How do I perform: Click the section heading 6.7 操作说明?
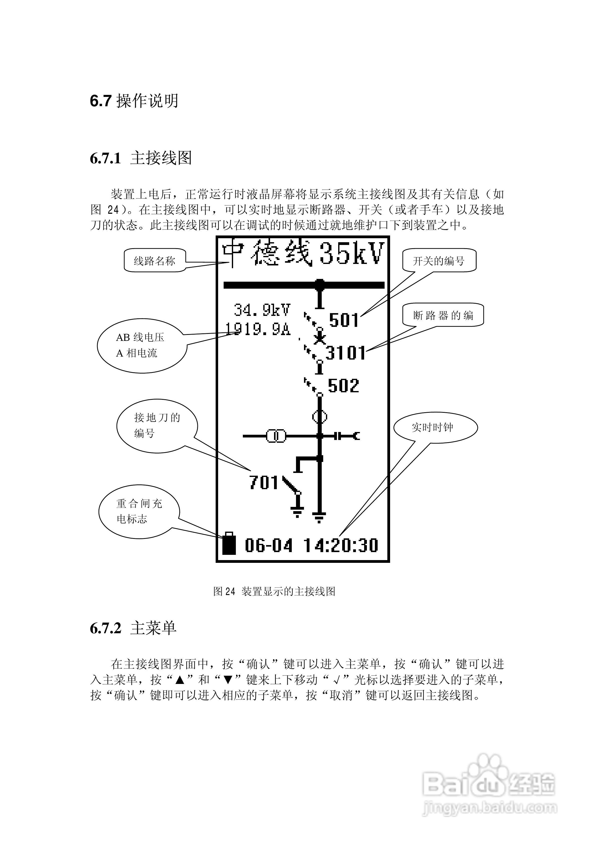(134, 101)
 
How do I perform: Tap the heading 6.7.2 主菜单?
(133, 628)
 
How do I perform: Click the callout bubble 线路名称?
(154, 261)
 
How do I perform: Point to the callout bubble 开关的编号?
(439, 260)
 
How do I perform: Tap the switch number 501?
(343, 320)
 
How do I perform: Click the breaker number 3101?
(346, 353)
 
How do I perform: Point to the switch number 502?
(343, 386)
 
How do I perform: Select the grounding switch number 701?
(264, 482)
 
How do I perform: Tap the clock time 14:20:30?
(341, 545)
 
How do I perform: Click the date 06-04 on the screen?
(269, 545)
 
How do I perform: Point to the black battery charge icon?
(229, 544)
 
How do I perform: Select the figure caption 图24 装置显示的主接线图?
(274, 591)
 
